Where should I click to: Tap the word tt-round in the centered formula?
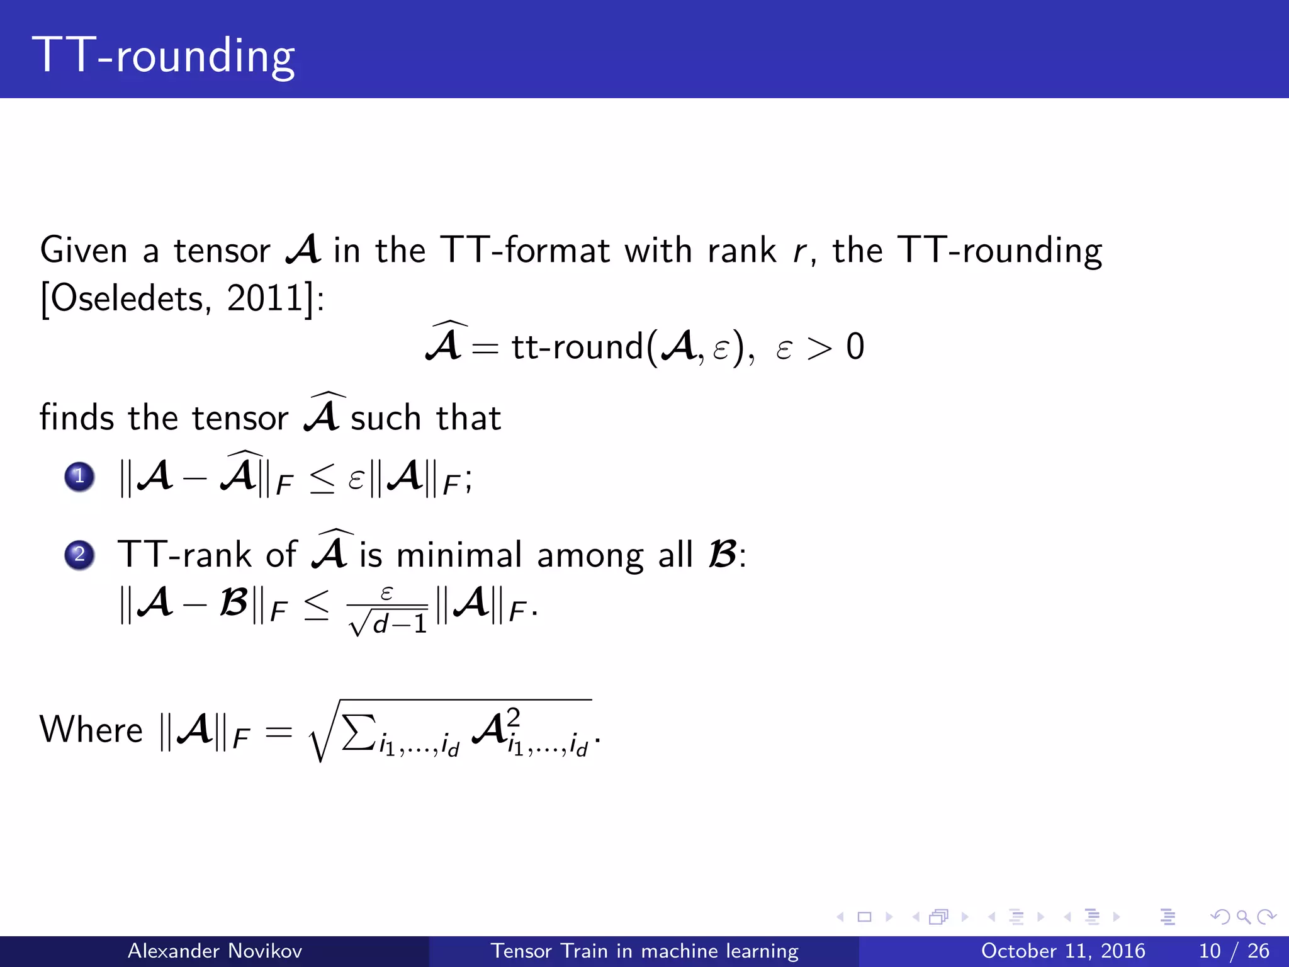577,348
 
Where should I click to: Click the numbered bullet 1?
79,477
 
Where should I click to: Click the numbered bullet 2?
79,555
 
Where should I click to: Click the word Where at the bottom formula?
91,730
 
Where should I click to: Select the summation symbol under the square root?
359,732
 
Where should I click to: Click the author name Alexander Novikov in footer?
215,951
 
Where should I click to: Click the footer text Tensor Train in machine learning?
644,951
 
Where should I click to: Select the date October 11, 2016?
1063,951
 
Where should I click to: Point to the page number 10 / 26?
1234,951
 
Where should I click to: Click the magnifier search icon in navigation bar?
1243,917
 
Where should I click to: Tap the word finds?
77,418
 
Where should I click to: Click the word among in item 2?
590,555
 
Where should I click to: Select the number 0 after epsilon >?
855,347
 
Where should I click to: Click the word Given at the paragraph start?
84,251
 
